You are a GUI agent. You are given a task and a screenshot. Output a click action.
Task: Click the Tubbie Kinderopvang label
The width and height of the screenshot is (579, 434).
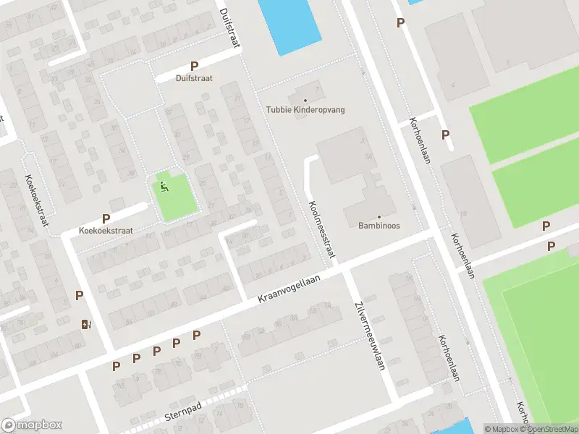[x=305, y=110]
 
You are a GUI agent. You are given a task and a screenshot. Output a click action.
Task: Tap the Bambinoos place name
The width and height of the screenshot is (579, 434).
[x=379, y=226]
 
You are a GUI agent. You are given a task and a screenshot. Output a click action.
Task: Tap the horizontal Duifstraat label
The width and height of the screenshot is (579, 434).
[x=194, y=78]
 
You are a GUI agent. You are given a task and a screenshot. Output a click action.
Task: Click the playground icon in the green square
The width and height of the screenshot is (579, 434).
[x=164, y=187]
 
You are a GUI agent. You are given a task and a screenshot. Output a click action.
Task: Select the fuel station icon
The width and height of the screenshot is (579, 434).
[x=87, y=324]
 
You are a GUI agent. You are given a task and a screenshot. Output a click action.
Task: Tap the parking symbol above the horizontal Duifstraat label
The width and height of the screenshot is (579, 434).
[x=194, y=66]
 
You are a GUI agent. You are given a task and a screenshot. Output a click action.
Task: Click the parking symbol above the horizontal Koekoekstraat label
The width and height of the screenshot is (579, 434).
[x=106, y=218]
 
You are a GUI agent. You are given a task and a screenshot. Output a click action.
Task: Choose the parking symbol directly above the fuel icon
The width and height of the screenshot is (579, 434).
[x=80, y=295]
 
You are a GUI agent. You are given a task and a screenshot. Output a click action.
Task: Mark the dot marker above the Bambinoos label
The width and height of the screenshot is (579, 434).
[x=379, y=216]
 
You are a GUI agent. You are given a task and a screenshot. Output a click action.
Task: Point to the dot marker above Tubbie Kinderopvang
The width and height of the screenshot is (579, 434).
[x=305, y=101]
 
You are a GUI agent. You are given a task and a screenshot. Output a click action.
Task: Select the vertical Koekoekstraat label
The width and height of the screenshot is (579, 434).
[x=36, y=200]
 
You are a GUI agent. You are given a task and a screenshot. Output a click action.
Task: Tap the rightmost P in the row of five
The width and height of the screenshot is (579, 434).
[x=196, y=335]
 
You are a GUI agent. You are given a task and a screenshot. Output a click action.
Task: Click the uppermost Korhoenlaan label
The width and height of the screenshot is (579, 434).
[x=420, y=140]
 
